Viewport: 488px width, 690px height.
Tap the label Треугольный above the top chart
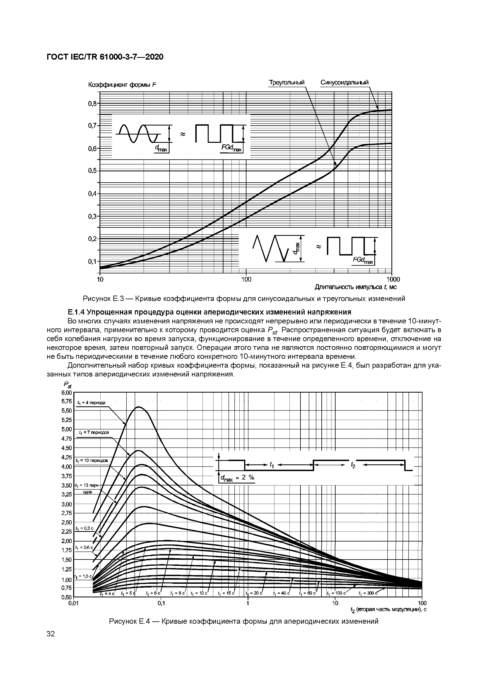286,82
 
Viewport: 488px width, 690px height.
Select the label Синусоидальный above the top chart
344,82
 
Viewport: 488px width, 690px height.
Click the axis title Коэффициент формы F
123,85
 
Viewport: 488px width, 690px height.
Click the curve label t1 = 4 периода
91,403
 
